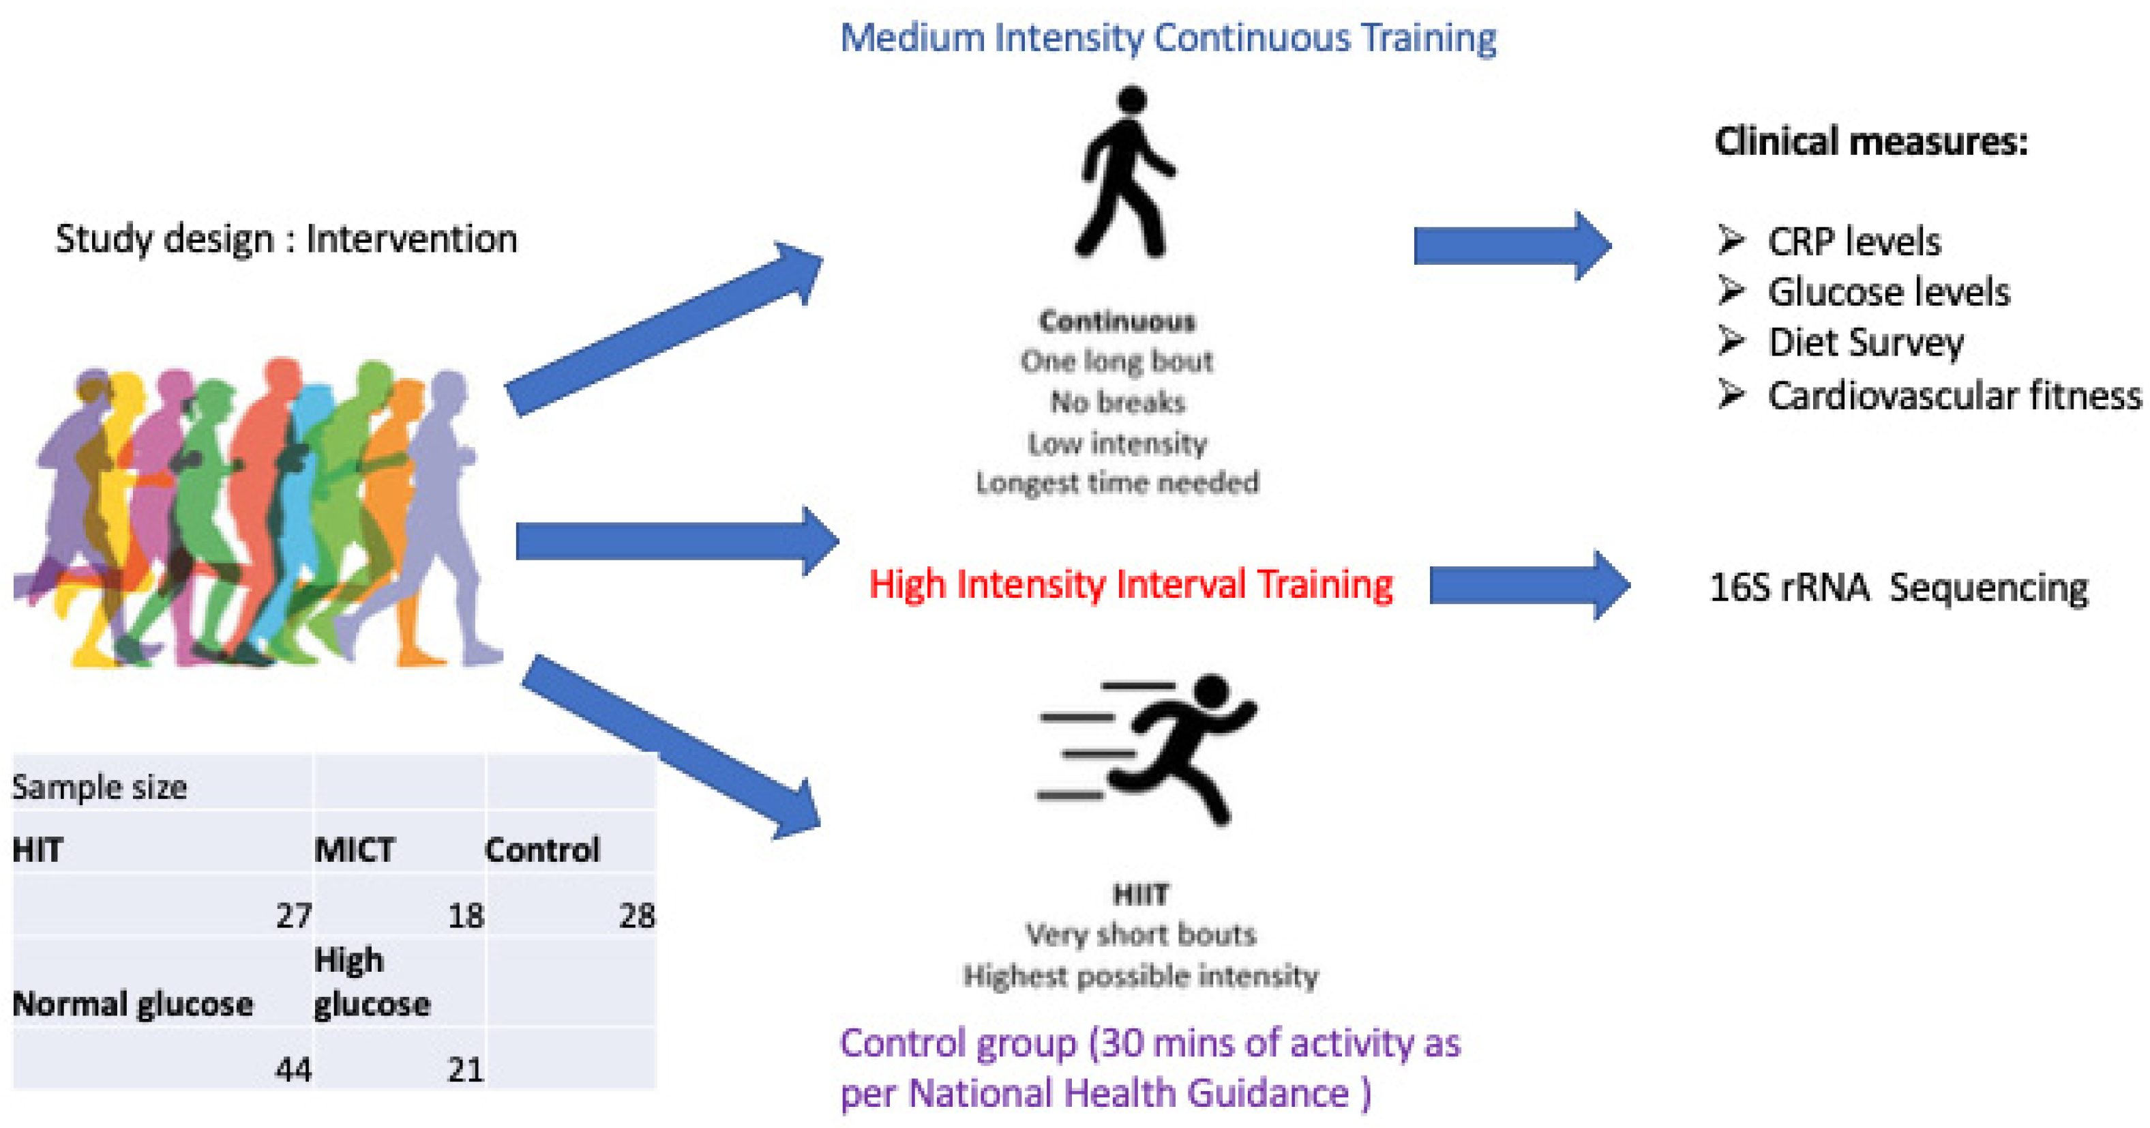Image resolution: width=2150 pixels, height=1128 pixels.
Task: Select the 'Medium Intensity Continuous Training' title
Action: (x=1167, y=38)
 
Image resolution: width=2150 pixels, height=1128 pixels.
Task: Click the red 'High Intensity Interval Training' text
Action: (x=1130, y=583)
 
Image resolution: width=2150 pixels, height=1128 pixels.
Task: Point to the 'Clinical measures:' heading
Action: (x=1870, y=141)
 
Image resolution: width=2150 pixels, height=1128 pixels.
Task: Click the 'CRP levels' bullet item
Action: (x=1853, y=242)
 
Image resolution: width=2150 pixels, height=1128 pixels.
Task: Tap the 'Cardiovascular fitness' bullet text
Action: (x=1954, y=395)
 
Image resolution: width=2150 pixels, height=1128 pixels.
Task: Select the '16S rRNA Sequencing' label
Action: (x=1898, y=587)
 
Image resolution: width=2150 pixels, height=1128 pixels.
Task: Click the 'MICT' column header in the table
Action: (x=355, y=850)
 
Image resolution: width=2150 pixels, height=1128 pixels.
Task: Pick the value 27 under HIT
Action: (x=294, y=916)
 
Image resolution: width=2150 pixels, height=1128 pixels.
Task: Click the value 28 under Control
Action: (x=637, y=916)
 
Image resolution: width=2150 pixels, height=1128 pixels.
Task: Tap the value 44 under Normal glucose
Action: (x=294, y=1069)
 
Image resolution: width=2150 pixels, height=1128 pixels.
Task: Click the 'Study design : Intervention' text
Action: (x=286, y=239)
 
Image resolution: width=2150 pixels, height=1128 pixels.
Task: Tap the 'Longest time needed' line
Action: (x=1117, y=482)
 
